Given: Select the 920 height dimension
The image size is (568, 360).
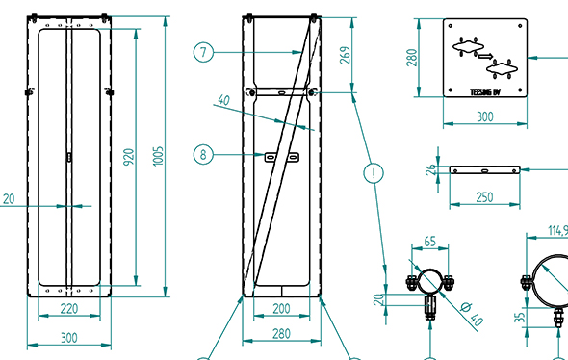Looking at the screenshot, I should tap(129, 159).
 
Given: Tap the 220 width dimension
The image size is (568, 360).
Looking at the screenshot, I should tap(68, 310).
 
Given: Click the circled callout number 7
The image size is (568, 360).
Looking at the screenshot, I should tap(201, 53).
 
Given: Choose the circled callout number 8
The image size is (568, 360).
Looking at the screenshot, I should tap(201, 153).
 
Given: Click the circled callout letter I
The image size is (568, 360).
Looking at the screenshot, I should tap(372, 174).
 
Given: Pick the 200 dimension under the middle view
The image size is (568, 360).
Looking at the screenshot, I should tap(281, 310).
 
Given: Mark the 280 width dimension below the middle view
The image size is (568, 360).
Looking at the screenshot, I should tap(281, 333).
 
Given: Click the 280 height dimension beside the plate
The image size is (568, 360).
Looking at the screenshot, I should tap(413, 58).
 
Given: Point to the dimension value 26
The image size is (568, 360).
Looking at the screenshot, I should tap(430, 170).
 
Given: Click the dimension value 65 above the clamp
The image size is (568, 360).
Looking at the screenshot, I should tap(430, 242).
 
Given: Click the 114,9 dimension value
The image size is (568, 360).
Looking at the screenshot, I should tap(556, 230).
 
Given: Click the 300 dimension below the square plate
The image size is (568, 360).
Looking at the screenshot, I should tap(485, 117).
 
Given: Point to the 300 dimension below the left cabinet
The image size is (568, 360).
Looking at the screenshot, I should tap(68, 337).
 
